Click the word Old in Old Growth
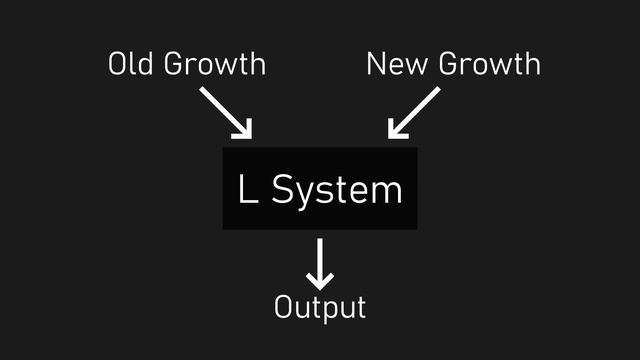click(130, 65)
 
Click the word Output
click(320, 307)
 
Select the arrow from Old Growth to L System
click(226, 112)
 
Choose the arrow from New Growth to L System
click(414, 112)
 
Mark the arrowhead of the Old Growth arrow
click(244, 130)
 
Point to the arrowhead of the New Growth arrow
click(396, 130)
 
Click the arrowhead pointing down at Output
click(320, 281)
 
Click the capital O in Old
click(118, 65)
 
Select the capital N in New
click(377, 65)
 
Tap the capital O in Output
click(284, 307)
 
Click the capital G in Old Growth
click(174, 65)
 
